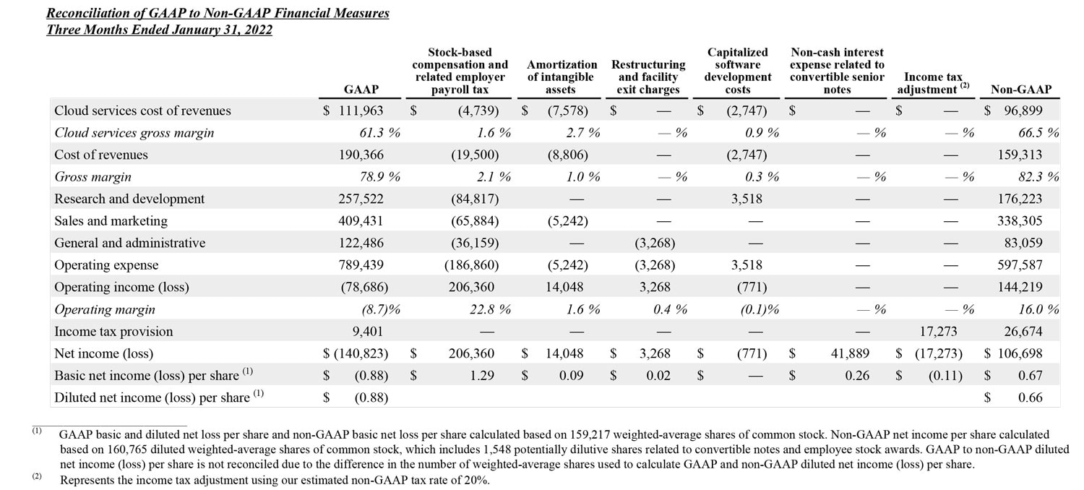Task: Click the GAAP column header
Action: pyautogui.click(x=361, y=90)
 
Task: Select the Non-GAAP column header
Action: pyautogui.click(x=1020, y=90)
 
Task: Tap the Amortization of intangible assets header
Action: pyautogui.click(x=562, y=77)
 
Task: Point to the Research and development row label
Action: pyautogui.click(x=129, y=199)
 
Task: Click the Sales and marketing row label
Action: pyautogui.click(x=111, y=221)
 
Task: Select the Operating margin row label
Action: pyautogui.click(x=104, y=309)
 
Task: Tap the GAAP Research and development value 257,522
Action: pyautogui.click(x=361, y=199)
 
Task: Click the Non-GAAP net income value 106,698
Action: pyautogui.click(x=1019, y=353)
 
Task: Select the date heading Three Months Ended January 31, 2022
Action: pyautogui.click(x=159, y=30)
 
